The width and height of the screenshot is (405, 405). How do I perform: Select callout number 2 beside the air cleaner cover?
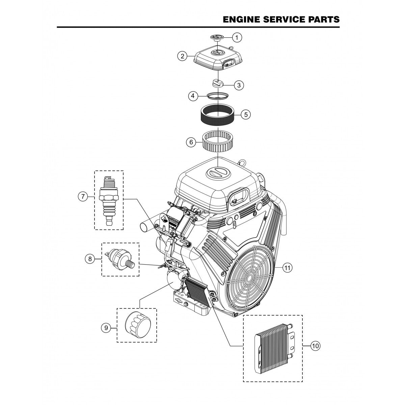click(182, 56)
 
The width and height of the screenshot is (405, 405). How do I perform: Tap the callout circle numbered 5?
click(245, 114)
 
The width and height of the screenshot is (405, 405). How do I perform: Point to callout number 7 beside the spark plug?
click(83, 196)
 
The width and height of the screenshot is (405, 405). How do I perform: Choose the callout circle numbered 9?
click(106, 327)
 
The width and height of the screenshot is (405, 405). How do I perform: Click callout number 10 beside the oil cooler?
click(315, 346)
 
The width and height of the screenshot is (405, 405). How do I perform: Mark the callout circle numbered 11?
click(287, 268)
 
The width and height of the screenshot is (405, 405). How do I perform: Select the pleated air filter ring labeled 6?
click(218, 142)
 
